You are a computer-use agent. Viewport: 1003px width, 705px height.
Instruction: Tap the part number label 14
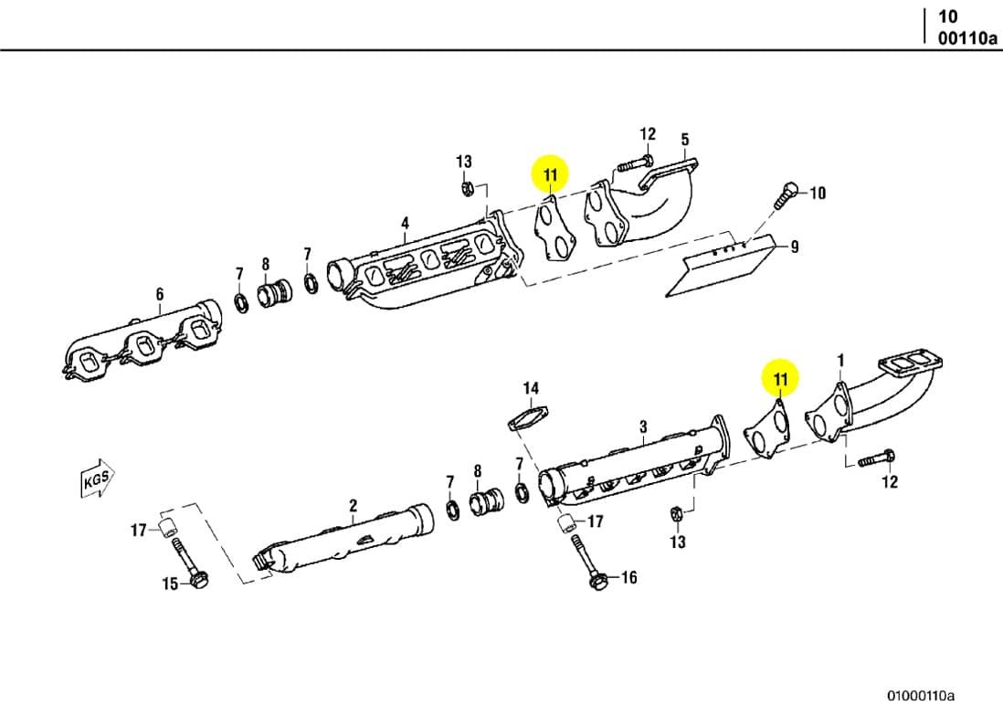[531, 389]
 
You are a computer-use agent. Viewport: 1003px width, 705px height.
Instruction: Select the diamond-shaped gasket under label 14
[527, 421]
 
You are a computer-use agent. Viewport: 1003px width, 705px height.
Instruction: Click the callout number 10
[818, 193]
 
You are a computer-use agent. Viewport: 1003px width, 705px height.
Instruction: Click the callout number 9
[795, 247]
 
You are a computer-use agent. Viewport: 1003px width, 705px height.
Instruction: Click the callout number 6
[160, 293]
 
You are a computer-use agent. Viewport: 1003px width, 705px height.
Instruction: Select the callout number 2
[354, 505]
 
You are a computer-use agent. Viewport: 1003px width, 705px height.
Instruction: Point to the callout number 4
[405, 223]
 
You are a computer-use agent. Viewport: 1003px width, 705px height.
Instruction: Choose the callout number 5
[684, 140]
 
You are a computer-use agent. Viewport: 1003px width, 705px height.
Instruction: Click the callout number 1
[840, 361]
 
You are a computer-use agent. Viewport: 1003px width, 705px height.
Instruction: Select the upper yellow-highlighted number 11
[550, 174]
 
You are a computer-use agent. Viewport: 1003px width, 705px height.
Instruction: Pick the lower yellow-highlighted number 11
[780, 378]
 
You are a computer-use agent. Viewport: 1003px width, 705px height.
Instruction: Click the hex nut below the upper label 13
[466, 189]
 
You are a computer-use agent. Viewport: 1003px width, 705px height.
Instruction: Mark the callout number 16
[628, 577]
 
